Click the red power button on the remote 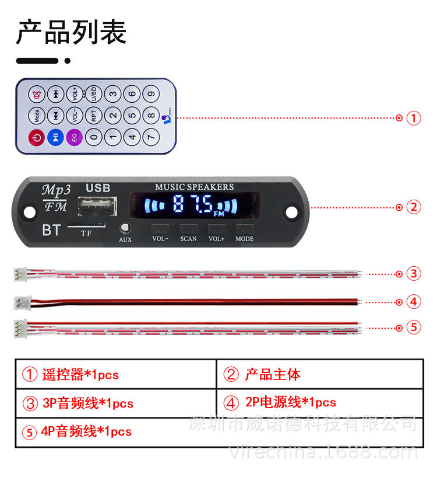point(36,138)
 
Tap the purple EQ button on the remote point(74,138)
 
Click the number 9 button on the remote point(151,93)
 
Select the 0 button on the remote point(94,138)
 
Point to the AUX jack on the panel point(125,228)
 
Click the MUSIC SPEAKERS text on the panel point(194,187)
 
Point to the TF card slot point(86,225)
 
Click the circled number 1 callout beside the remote point(413,118)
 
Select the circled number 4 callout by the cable point(413,302)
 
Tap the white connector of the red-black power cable point(22,302)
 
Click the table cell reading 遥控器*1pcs point(115,374)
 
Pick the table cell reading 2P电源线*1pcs point(320,402)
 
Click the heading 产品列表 point(71,32)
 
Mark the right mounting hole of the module point(290,209)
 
